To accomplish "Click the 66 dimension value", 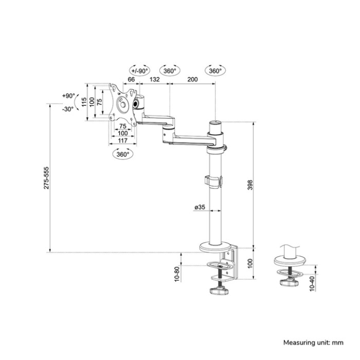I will (131, 80).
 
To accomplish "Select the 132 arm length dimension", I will (154, 80).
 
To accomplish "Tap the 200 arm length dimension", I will (193, 80).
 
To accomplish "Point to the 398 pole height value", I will (249, 186).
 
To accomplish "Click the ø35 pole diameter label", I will (200, 207).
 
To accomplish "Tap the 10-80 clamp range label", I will (177, 273).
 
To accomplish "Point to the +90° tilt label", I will (68, 96).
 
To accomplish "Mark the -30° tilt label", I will (68, 109).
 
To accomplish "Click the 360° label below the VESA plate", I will (122, 154).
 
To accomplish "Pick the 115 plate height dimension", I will (84, 102).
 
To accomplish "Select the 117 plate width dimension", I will (122, 140).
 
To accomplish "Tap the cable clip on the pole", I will (213, 182).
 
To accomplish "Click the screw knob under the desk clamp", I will (220, 293).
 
